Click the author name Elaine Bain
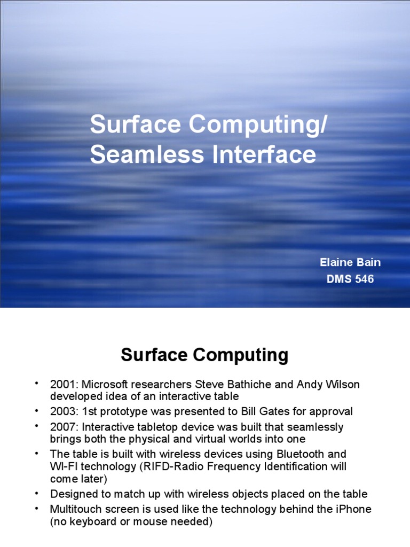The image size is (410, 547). coord(350,262)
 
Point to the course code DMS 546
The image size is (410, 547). coord(350,279)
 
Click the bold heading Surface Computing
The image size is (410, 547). coord(204,355)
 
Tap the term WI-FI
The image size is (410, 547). coord(64,466)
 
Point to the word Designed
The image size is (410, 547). coord(72,494)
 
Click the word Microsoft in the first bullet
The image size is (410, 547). coord(105,385)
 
